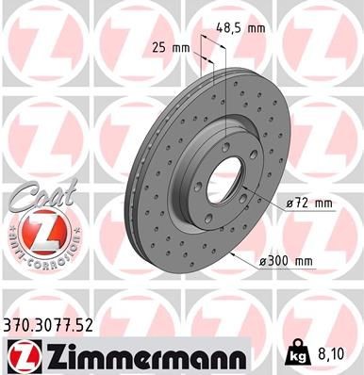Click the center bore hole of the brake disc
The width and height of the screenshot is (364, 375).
click(222, 174)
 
